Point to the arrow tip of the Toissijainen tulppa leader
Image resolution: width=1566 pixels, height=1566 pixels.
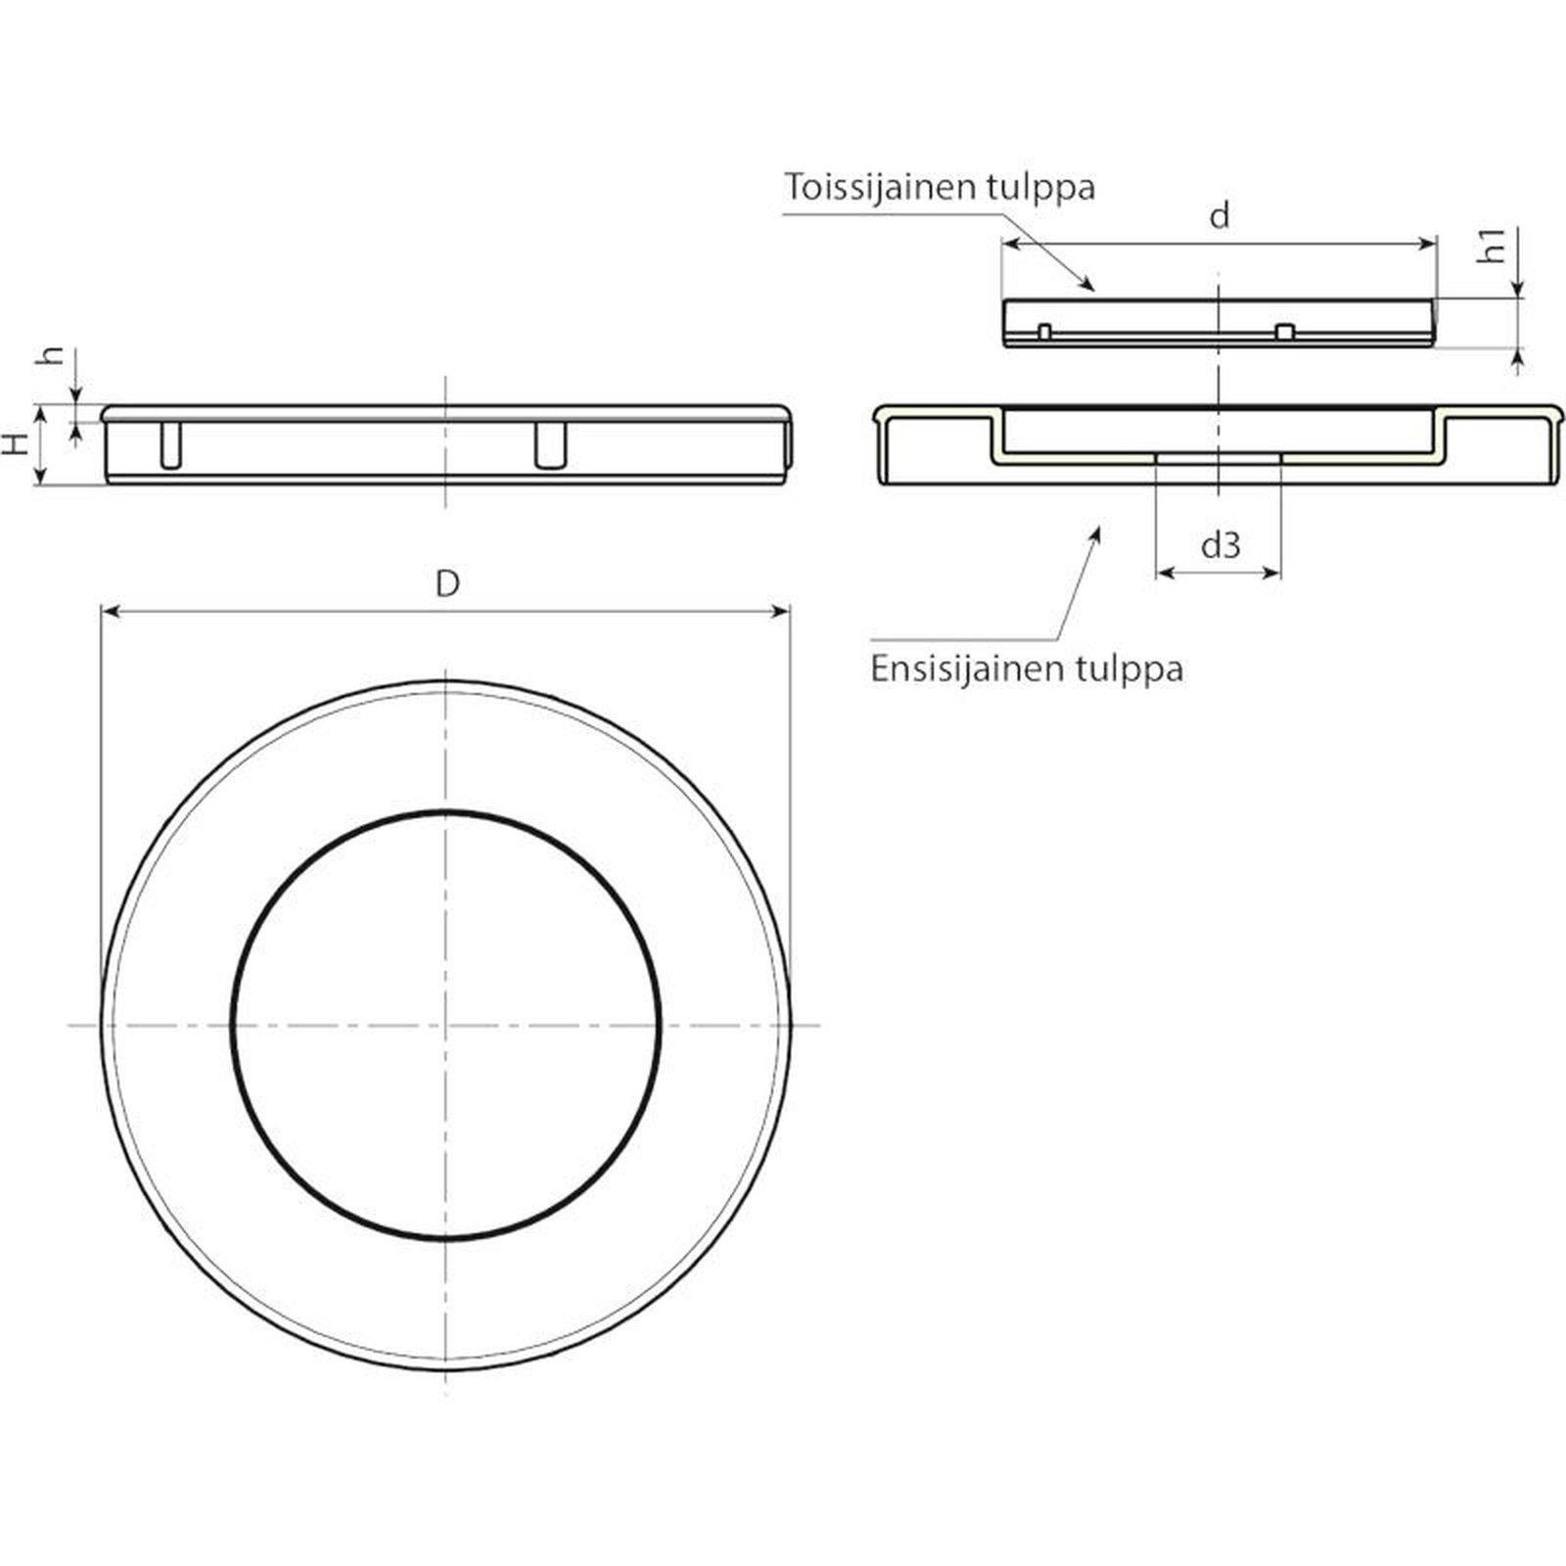pyautogui.click(x=1092, y=290)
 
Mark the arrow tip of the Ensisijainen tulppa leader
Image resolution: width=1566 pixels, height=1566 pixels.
pyautogui.click(x=1098, y=529)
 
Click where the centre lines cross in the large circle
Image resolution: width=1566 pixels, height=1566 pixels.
pyautogui.click(x=445, y=1025)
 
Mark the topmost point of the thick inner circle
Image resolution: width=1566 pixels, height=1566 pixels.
pyautogui.click(x=445, y=811)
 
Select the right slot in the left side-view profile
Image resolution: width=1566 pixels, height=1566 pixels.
pyautogui.click(x=551, y=445)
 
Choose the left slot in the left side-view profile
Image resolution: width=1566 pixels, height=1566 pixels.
pyautogui.click(x=170, y=445)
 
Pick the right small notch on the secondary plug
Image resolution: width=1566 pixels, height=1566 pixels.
pyautogui.click(x=1285, y=332)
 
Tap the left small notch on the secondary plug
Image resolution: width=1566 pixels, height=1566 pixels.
pyautogui.click(x=1044, y=332)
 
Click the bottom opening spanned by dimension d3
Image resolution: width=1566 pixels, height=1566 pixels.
pyautogui.click(x=1219, y=458)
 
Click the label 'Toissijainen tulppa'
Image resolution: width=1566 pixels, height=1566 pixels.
pyautogui.click(x=940, y=186)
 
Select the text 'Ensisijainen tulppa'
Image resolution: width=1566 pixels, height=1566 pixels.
pyautogui.click(x=1027, y=668)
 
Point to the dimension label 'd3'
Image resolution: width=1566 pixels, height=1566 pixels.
pyautogui.click(x=1221, y=543)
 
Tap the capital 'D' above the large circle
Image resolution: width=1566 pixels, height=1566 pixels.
pyautogui.click(x=447, y=583)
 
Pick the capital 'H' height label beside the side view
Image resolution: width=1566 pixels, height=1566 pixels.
pyautogui.click(x=14, y=444)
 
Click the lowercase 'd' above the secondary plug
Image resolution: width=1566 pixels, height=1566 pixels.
pyautogui.click(x=1220, y=214)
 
